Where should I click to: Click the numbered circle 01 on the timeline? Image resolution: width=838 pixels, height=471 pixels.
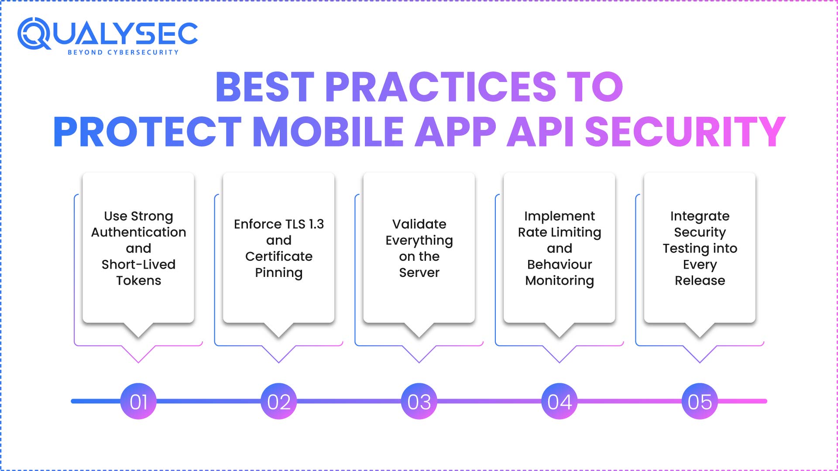point(138,401)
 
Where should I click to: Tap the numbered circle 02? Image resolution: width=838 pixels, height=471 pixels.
point(279,401)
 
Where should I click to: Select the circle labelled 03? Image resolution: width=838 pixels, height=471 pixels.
point(419,401)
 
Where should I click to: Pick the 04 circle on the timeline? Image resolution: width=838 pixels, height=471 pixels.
point(560,401)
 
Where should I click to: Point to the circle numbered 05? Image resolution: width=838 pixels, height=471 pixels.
point(700,401)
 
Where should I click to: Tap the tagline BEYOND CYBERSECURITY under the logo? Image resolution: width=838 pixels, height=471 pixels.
point(123,52)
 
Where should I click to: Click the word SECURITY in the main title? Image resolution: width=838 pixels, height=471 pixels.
point(685,131)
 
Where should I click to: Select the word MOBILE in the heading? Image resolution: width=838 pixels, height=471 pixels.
point(328,131)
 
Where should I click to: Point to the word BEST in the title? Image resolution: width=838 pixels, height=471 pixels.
point(265,86)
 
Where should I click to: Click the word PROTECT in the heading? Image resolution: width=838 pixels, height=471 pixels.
point(147,131)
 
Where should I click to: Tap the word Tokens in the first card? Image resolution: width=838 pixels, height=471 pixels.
point(138,280)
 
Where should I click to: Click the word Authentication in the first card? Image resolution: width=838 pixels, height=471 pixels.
point(138,232)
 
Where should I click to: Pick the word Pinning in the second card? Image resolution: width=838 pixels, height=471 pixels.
point(279,273)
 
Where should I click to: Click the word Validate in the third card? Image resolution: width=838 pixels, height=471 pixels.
point(419,224)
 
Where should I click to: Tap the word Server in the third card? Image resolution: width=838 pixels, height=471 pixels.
point(419,273)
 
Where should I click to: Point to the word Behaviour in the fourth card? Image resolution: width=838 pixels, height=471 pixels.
point(560,264)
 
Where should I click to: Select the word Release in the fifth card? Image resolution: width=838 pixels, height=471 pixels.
point(700,280)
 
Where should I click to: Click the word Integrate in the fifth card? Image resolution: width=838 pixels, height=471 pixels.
point(700,216)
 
